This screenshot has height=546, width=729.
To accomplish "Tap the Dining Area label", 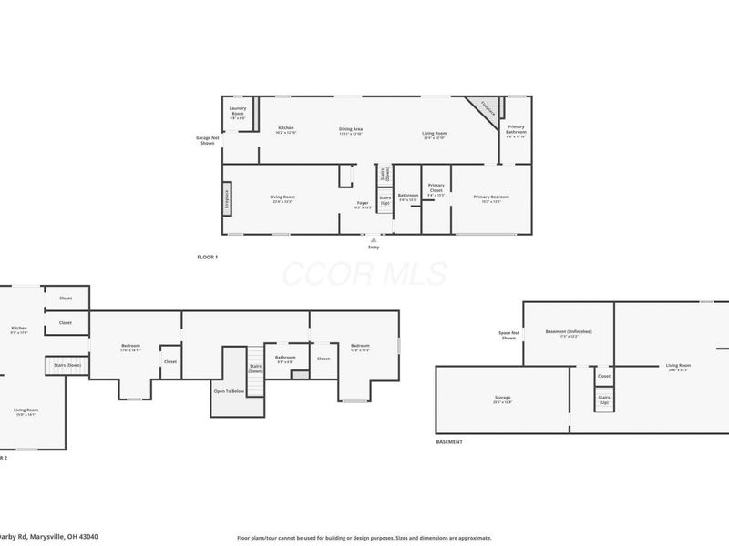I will (352, 130).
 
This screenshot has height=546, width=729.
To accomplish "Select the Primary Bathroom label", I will (516, 129).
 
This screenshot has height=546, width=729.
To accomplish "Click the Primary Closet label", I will (436, 188).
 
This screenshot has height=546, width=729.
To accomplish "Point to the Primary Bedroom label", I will (491, 197).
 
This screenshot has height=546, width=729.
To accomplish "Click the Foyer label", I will (363, 205).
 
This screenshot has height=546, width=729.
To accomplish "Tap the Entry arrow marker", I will (373, 239).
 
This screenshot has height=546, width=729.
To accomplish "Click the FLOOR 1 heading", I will (208, 258).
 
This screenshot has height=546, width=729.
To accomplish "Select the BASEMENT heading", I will (449, 441).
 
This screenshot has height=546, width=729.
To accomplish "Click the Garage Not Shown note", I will (208, 141).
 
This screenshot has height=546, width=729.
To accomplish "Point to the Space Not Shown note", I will (508, 334).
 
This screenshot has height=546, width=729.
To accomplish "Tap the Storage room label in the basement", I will (503, 398).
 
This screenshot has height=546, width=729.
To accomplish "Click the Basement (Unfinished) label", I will (569, 332).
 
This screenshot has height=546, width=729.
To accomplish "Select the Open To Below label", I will (229, 391).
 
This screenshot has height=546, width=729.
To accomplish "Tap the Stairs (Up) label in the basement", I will (604, 399).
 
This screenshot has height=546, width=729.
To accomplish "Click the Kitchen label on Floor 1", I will (286, 129).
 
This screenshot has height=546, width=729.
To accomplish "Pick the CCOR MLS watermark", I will (364, 273).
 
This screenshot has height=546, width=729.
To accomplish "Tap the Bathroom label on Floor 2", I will (286, 358).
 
